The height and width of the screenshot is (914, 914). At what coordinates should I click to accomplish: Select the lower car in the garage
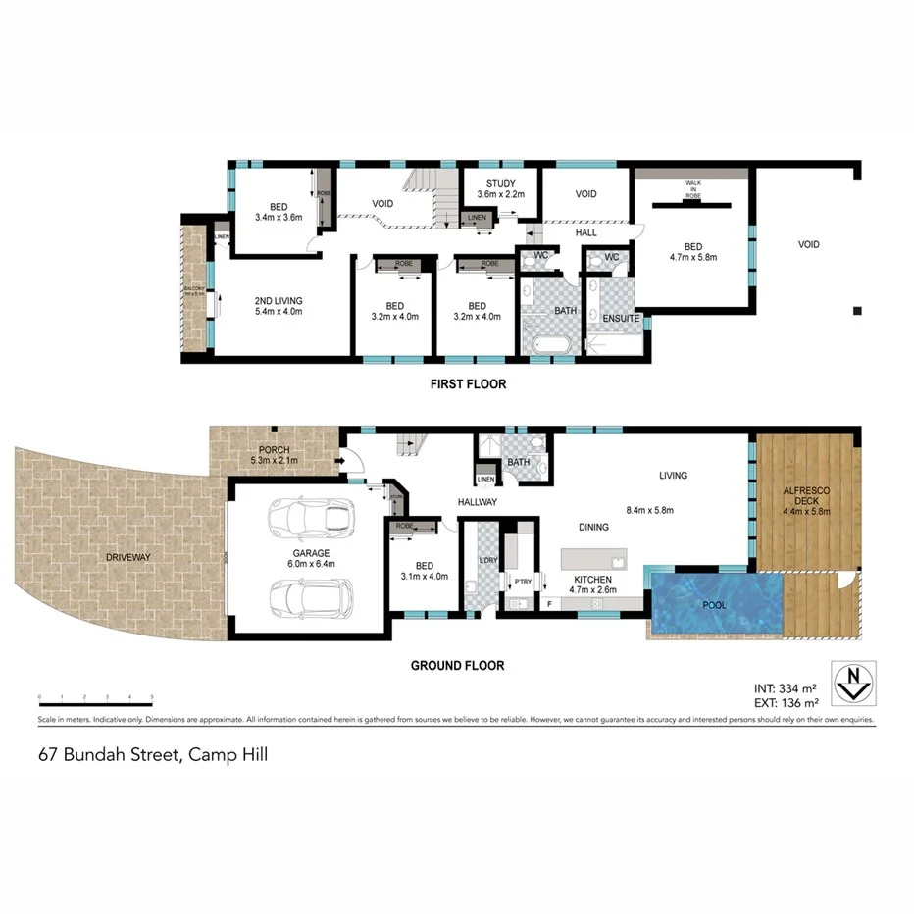pyautogui.click(x=311, y=594)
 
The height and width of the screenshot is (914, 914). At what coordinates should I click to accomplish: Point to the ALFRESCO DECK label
pyautogui.click(x=807, y=499)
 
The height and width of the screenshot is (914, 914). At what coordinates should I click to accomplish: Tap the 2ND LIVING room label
pyautogui.click(x=279, y=306)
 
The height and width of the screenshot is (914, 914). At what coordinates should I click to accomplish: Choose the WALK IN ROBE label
pyautogui.click(x=692, y=190)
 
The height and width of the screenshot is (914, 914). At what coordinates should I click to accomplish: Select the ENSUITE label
pyautogui.click(x=621, y=319)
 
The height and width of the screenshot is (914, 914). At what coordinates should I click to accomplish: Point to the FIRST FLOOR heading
pyautogui.click(x=468, y=384)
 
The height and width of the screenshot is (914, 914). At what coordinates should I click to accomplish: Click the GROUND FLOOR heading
pyautogui.click(x=457, y=666)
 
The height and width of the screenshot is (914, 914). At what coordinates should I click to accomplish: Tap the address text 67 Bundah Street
pyautogui.click(x=153, y=755)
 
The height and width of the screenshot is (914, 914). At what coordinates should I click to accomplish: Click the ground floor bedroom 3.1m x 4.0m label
pyautogui.click(x=424, y=571)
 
